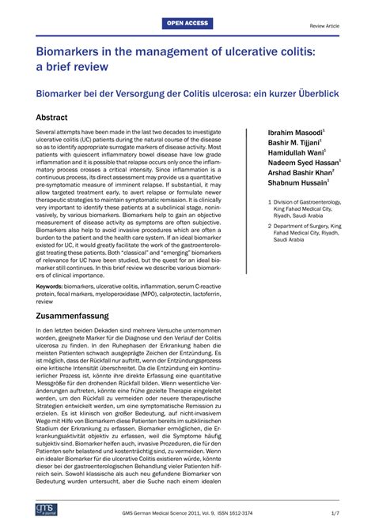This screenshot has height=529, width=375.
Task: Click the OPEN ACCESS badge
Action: tap(187, 24)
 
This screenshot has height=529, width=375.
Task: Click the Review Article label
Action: tap(324, 25)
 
